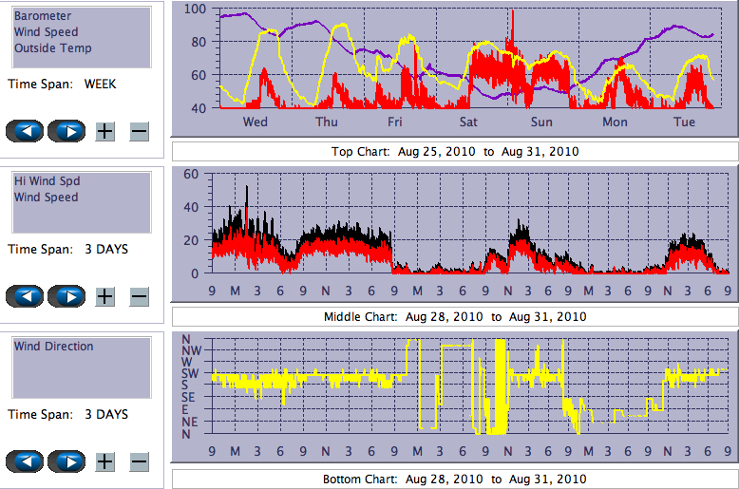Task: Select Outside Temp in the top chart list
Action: tap(52, 48)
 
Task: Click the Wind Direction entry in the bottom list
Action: tap(53, 347)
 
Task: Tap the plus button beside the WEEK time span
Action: tap(104, 131)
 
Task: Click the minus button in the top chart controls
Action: tap(139, 131)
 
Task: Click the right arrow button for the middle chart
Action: tap(66, 296)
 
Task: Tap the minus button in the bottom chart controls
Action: tap(139, 461)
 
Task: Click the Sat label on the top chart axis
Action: tap(468, 122)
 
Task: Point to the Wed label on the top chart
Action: tap(256, 122)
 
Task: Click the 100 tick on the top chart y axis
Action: tap(195, 9)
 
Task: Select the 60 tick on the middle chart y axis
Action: tap(190, 174)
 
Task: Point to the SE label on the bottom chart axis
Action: tap(189, 398)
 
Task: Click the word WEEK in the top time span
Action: tap(100, 84)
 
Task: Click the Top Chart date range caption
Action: tap(454, 151)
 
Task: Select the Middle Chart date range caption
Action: tap(454, 316)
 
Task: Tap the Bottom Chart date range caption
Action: tap(454, 479)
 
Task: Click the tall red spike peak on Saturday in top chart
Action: tap(512, 12)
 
